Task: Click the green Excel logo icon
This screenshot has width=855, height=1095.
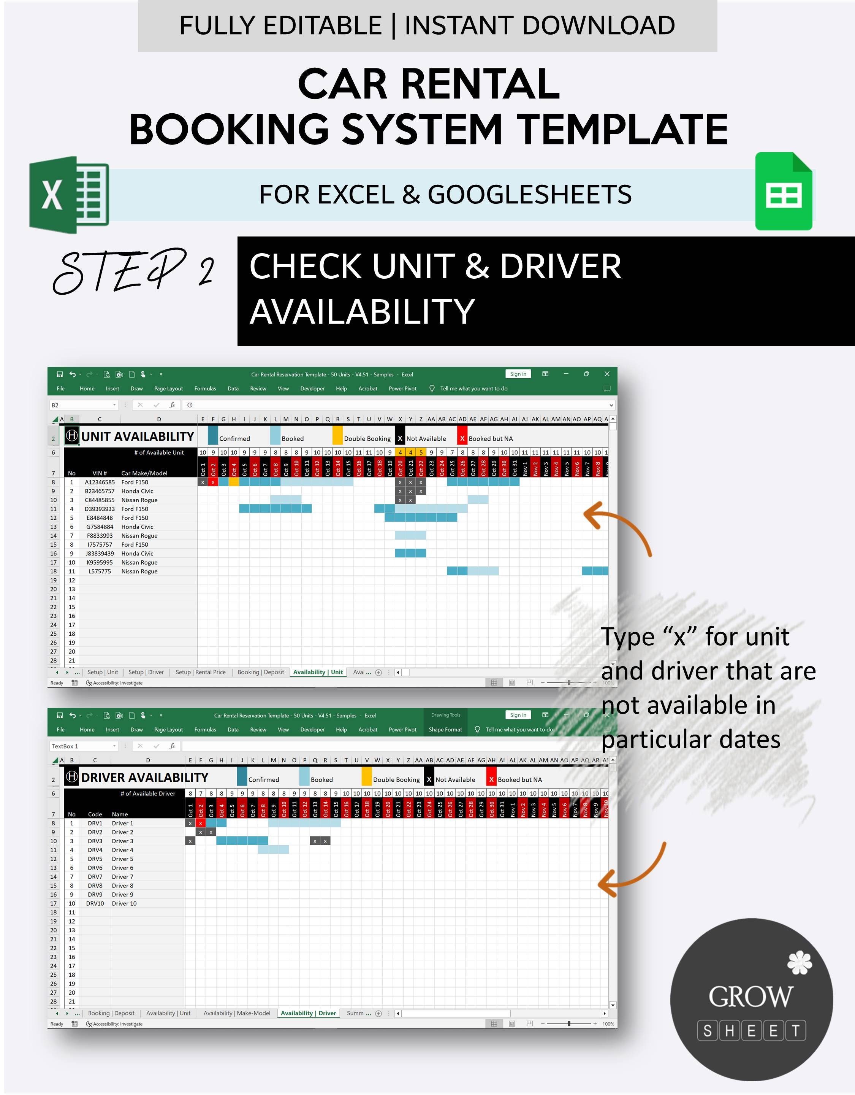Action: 69,195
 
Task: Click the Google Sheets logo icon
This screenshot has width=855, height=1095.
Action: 783,192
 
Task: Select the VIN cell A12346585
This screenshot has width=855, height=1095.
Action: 100,482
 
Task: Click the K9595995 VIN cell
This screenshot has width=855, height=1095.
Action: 100,563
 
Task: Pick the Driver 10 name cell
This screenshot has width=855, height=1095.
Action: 124,903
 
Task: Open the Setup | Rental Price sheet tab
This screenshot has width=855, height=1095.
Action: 201,672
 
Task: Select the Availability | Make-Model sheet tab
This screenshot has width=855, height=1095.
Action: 237,1013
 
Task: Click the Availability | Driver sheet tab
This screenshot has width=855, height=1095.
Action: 308,1013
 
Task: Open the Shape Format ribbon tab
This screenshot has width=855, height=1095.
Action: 445,730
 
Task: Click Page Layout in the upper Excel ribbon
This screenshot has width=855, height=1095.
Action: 168,389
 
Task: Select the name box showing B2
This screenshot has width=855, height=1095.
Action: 83,405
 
